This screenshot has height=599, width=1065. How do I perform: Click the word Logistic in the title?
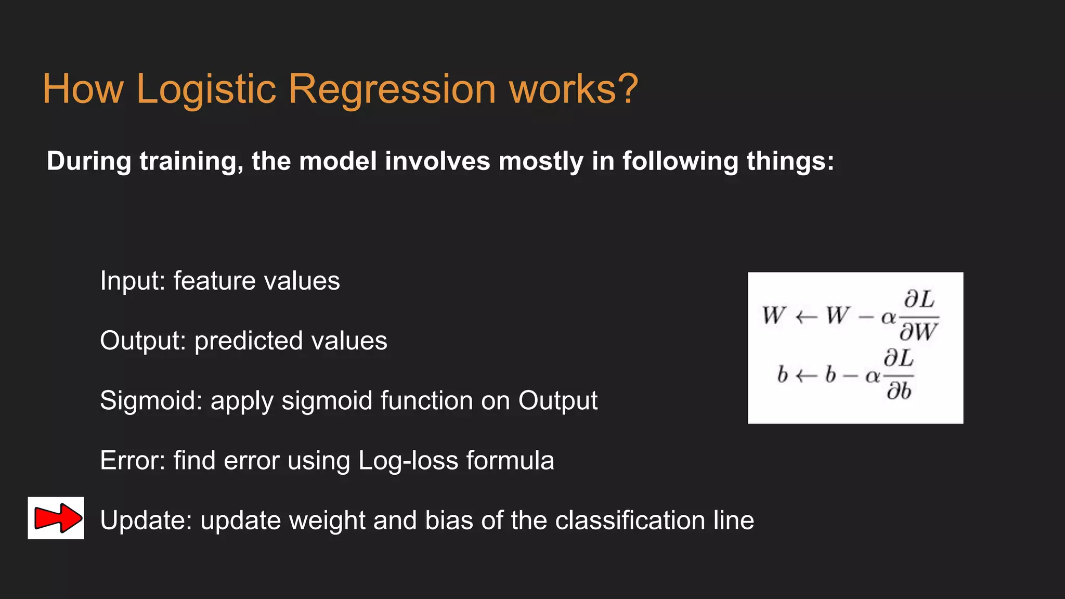click(206, 89)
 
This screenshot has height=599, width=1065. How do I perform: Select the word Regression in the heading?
click(392, 89)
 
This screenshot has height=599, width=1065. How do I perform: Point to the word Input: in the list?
click(133, 281)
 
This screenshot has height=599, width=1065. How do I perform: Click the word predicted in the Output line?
click(249, 342)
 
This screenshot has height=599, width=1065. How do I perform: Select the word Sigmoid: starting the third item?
click(151, 401)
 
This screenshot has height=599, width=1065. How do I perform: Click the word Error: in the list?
click(133, 461)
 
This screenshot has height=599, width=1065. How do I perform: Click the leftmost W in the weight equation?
click(774, 316)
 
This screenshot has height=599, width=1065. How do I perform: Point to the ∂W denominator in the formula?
click(919, 332)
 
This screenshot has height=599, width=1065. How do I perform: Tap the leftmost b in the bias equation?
click(783, 375)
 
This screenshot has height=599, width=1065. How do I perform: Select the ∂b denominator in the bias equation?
click(899, 390)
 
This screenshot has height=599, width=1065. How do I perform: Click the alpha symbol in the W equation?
click(888, 317)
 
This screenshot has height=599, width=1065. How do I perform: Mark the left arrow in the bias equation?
click(807, 375)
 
